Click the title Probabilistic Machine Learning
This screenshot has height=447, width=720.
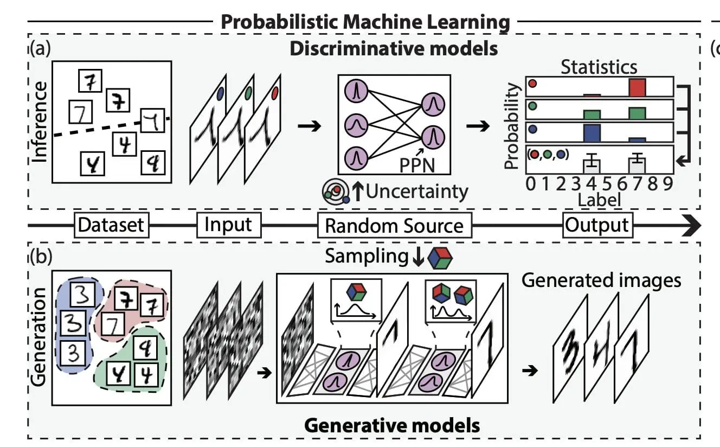[x=365, y=22]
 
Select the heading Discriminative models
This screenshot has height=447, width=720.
[x=393, y=49]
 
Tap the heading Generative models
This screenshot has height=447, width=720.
[x=391, y=425]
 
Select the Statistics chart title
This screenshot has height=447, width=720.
[x=599, y=67]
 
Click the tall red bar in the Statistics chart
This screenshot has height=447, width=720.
[x=638, y=87]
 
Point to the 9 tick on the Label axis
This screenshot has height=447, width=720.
[x=667, y=183]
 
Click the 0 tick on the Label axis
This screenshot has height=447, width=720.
[x=531, y=183]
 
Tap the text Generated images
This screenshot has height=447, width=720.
[x=601, y=280]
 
